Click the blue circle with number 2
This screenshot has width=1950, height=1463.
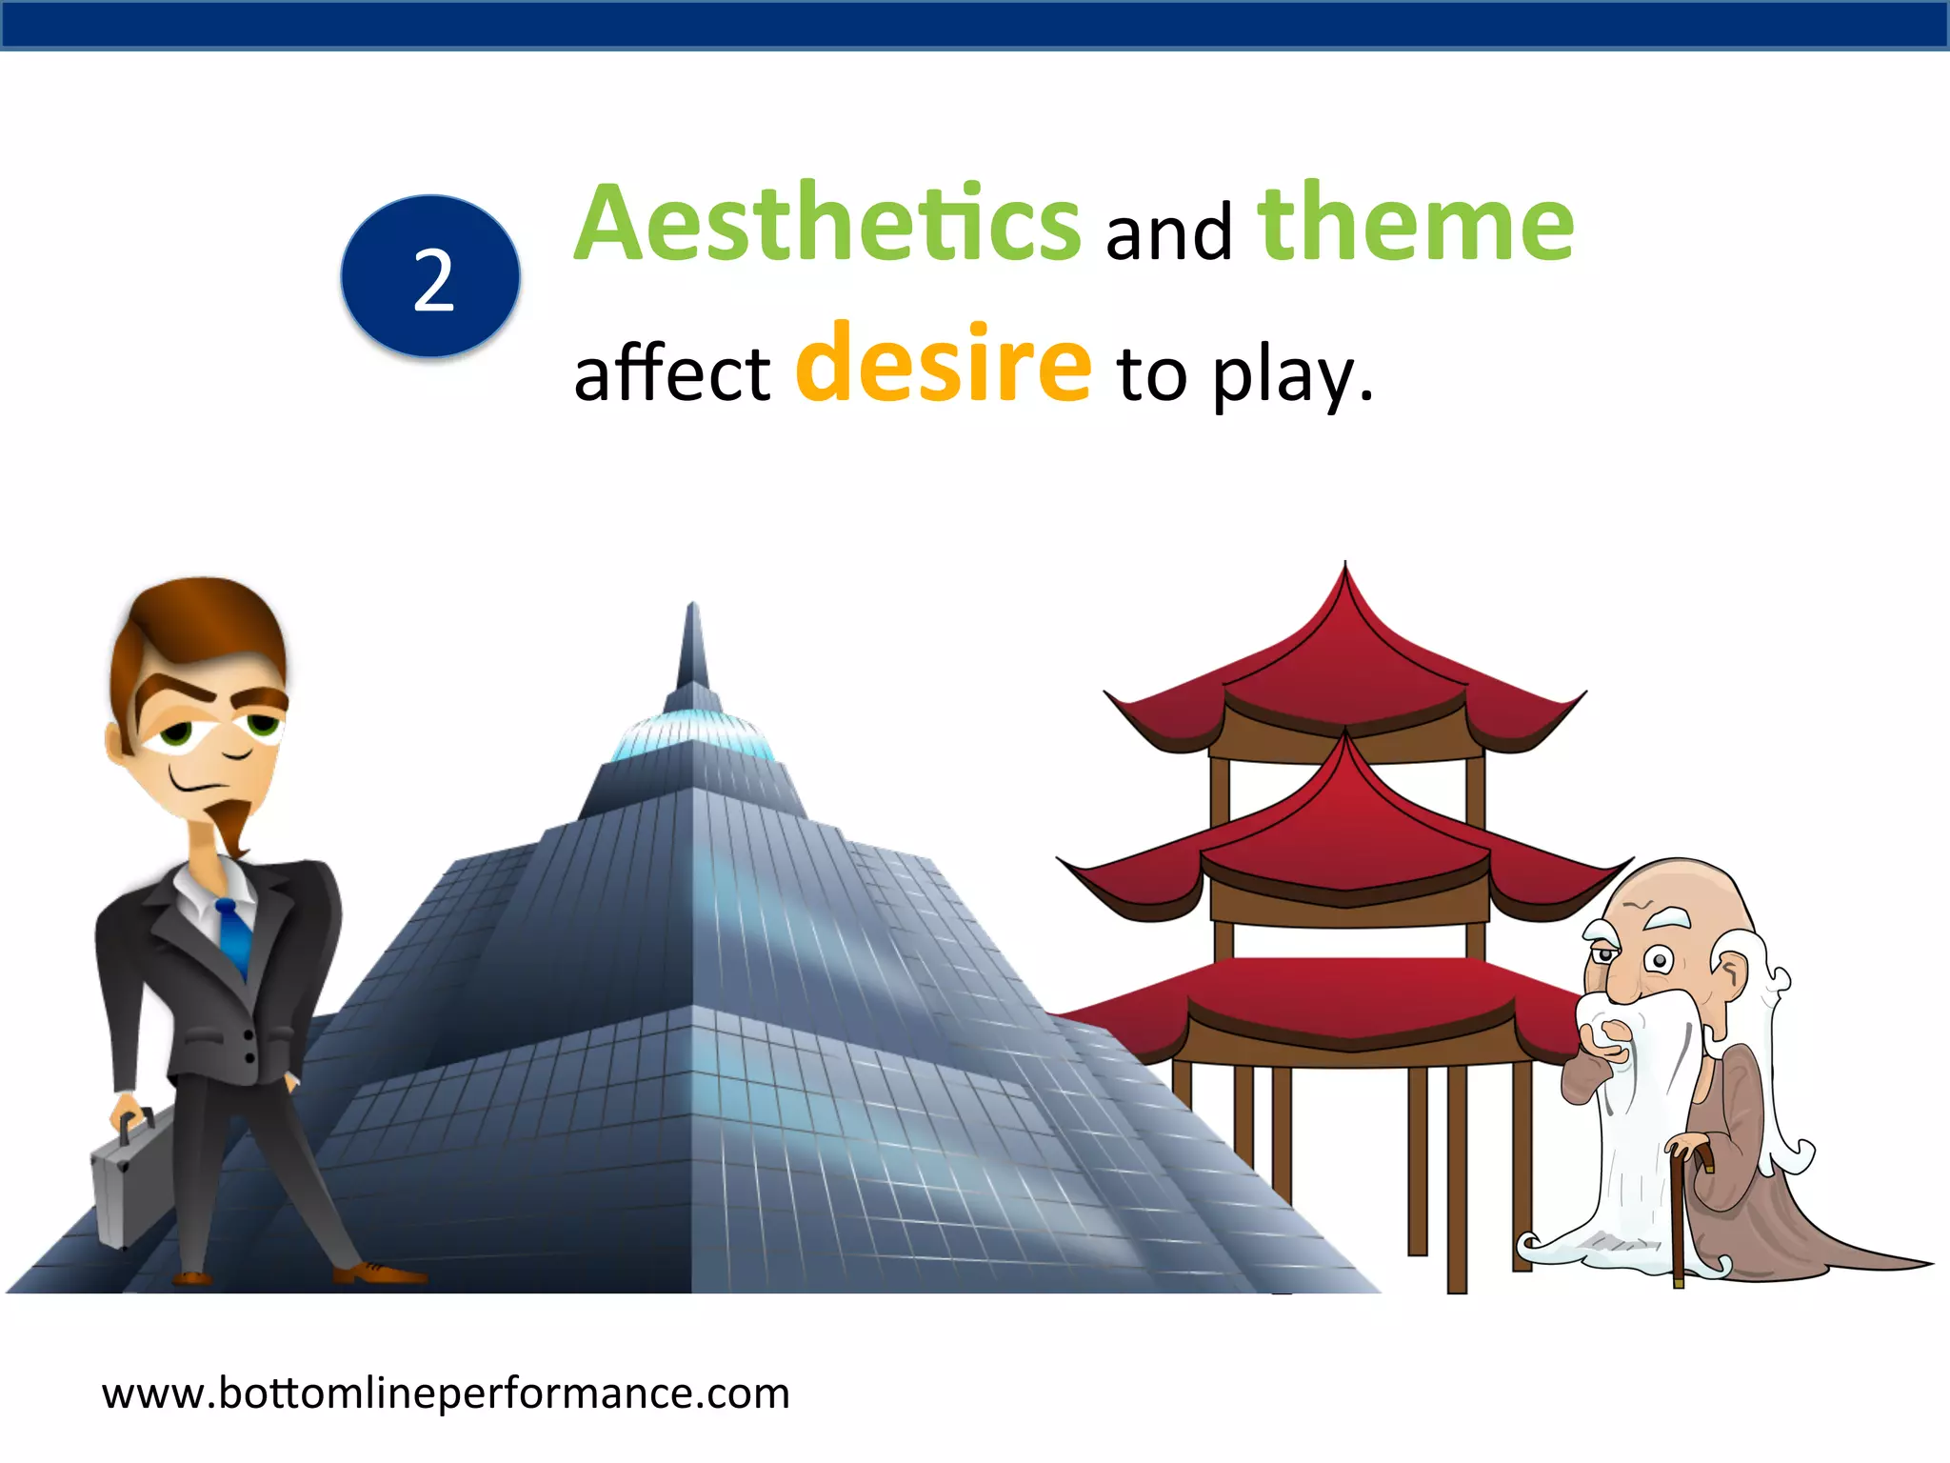430,277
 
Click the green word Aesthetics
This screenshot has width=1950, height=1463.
826,223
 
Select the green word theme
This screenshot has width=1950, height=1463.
1415,223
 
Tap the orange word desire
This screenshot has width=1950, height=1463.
943,364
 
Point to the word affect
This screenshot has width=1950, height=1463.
671,373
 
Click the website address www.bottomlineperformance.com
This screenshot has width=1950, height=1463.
446,1393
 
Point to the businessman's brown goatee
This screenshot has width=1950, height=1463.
229,825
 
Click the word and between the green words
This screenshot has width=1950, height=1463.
1168,232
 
